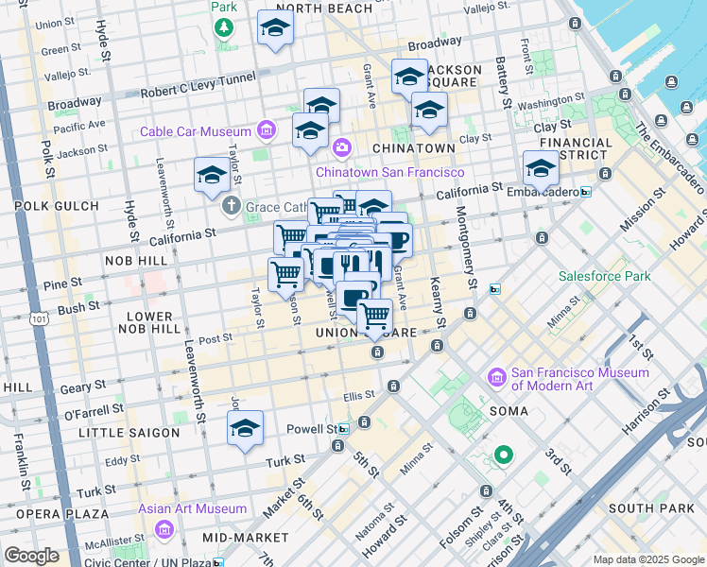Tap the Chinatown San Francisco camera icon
pos(341,147)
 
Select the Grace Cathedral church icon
pos(230,205)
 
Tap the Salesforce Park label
pos(604,276)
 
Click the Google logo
pos(31,556)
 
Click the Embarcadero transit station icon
pos(586,192)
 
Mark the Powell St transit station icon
pos(344,428)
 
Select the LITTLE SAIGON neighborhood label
pos(129,433)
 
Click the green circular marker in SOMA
pos(504,455)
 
